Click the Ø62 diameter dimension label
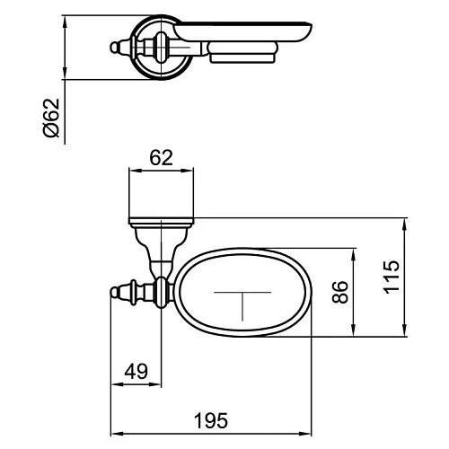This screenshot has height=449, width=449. coord(51,119)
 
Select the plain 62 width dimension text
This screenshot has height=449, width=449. coord(161,158)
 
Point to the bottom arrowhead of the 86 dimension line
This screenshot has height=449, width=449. coord(357,333)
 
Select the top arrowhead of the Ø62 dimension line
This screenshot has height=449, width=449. coord(66,15)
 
